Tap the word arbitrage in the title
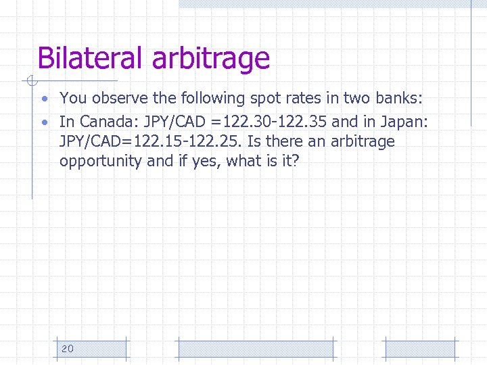click(x=211, y=59)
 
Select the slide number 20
click(x=68, y=348)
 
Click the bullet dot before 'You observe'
click(x=44, y=99)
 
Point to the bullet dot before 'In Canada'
click(x=44, y=122)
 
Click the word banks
click(x=399, y=98)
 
